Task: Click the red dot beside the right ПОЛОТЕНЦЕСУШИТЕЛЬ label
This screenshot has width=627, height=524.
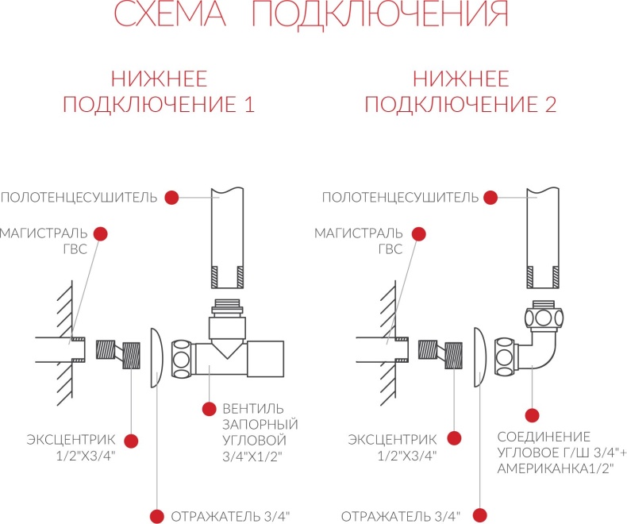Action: [493, 197]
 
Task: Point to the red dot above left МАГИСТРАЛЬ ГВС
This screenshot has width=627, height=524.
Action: [101, 233]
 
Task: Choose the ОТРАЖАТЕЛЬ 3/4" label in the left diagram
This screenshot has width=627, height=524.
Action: [230, 516]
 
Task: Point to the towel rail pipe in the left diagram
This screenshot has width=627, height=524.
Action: [225, 238]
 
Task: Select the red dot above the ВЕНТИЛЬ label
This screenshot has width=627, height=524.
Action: [209, 410]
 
